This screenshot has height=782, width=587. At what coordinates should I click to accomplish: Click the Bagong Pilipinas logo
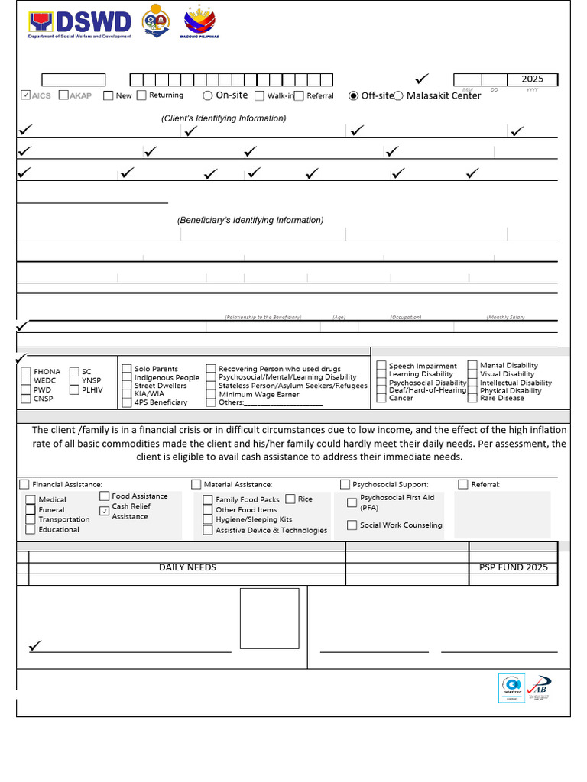199,23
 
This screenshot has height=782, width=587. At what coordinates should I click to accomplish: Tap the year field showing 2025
533,79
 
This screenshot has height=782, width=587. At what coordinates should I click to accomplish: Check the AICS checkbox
26,95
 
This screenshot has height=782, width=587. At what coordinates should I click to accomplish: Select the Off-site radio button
353,95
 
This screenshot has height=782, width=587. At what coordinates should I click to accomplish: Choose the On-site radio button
208,95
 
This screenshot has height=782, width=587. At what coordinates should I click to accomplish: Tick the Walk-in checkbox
260,96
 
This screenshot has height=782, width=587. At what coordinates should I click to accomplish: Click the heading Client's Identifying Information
223,118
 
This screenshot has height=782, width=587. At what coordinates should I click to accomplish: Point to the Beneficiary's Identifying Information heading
250,220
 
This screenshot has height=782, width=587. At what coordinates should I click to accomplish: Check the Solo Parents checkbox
128,370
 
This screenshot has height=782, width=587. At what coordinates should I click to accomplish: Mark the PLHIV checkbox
74,389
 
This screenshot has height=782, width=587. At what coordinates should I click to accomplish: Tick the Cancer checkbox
381,398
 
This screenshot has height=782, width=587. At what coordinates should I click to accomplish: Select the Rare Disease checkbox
473,398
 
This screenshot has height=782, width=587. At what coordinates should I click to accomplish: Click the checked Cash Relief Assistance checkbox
105,511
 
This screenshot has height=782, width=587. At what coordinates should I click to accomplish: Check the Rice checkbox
290,499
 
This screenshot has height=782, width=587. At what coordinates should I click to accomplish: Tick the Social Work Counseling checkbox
352,525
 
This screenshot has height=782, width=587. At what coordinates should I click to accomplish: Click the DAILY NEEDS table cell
187,567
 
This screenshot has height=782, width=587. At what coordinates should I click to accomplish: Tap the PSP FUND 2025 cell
513,567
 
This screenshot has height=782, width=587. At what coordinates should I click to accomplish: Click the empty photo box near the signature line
269,619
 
